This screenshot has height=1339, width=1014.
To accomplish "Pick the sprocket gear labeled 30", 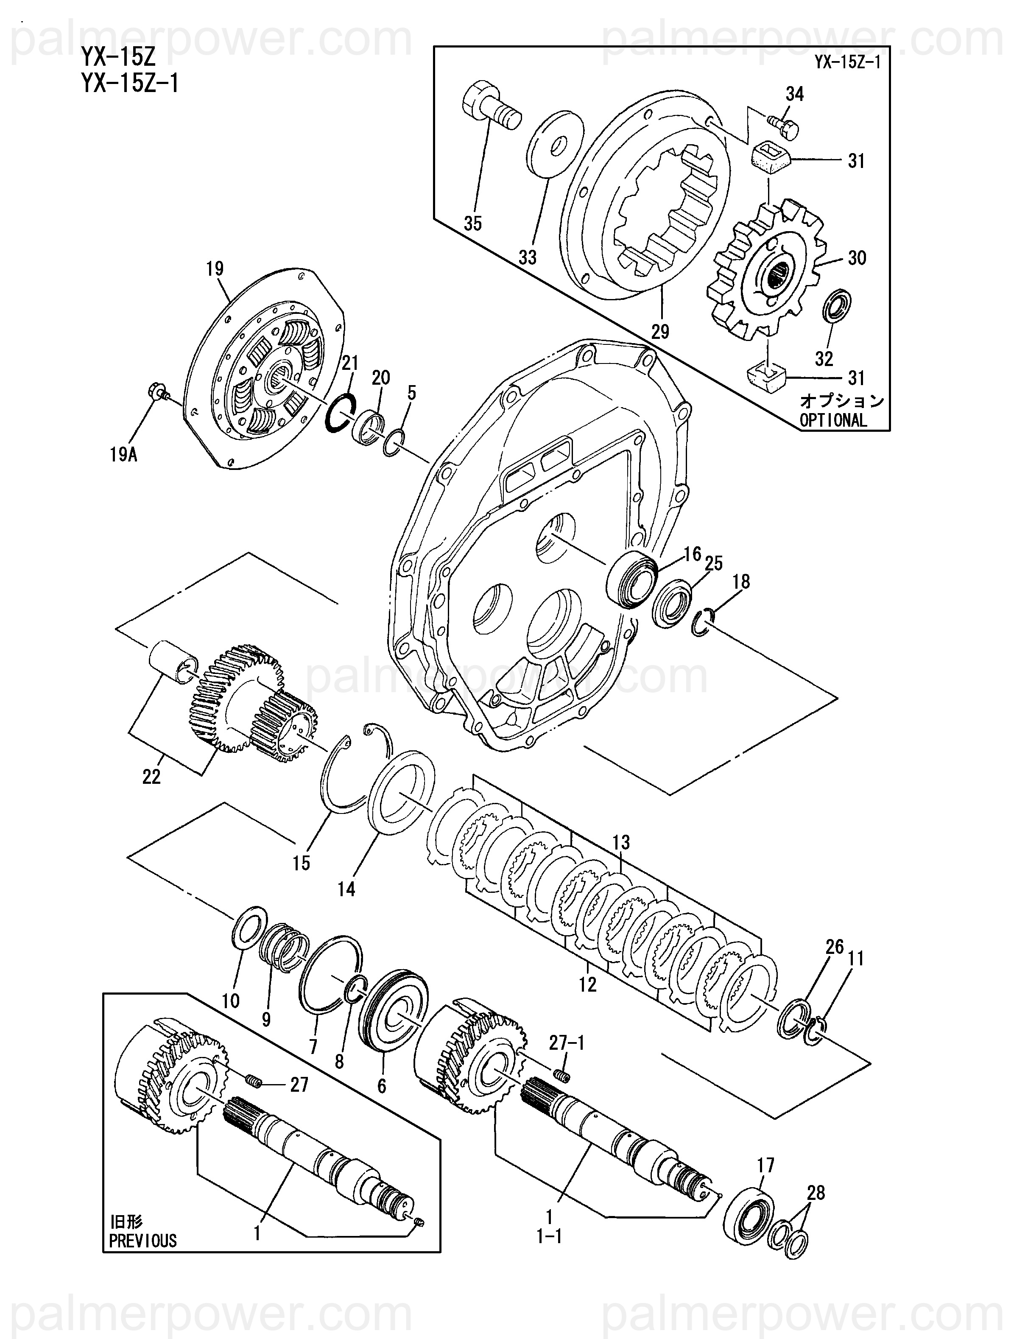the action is pyautogui.click(x=768, y=269).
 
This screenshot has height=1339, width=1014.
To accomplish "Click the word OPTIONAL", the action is pyautogui.click(x=833, y=420).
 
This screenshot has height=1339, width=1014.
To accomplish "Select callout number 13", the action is pyautogui.click(x=621, y=842).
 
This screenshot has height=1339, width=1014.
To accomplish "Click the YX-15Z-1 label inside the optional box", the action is pyautogui.click(x=847, y=62).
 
